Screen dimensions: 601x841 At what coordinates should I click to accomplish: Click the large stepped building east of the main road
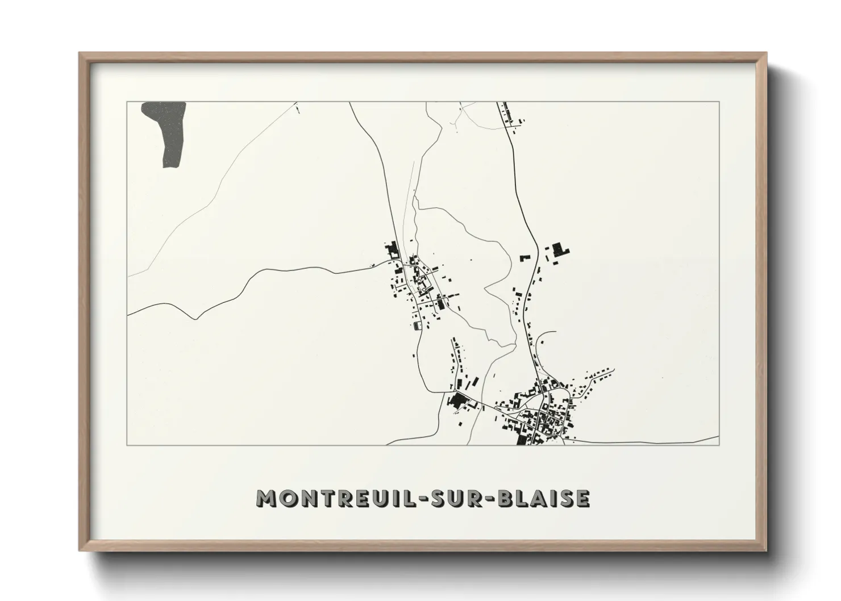561,251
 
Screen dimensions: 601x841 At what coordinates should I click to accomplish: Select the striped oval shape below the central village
418,325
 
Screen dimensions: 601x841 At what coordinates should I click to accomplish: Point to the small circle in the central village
424,290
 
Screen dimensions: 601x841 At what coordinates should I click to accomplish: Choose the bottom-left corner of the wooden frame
80,550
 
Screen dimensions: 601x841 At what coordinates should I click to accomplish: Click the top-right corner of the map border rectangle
719,102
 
